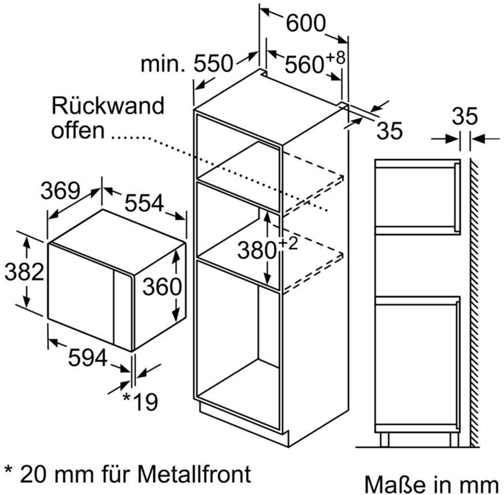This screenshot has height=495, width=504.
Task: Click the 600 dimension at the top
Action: click(x=306, y=23)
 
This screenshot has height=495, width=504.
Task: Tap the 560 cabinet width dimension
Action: click(x=304, y=64)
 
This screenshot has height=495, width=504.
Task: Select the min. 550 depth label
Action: click(x=187, y=64)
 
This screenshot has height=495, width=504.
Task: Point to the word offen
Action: click(x=78, y=130)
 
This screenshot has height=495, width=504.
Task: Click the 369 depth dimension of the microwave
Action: click(x=60, y=190)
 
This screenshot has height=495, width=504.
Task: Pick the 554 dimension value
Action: click(x=144, y=203)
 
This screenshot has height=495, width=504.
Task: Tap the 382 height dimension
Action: click(x=24, y=271)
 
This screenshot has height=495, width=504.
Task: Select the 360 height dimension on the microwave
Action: click(x=162, y=287)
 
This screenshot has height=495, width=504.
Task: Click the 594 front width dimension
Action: click(x=87, y=358)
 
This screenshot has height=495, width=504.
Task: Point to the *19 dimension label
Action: click(x=140, y=401)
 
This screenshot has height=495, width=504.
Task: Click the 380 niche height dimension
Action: click(x=257, y=250)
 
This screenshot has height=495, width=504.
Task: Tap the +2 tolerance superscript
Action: click(x=288, y=244)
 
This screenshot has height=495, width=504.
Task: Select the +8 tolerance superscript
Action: click(x=336, y=58)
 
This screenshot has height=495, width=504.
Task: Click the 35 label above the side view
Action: click(x=465, y=116)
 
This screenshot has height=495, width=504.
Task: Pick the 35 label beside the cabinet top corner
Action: click(x=389, y=131)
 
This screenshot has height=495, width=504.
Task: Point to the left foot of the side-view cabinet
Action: click(x=385, y=439)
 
